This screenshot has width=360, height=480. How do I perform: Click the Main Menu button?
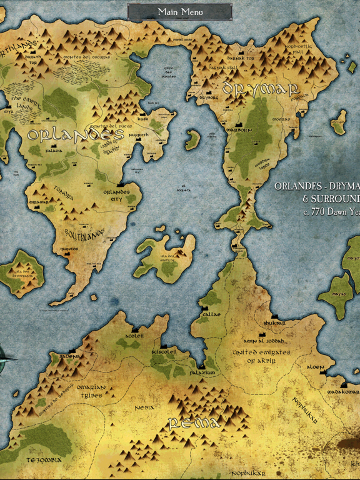pos(180,12)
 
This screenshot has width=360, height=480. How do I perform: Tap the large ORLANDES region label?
pos(75,135)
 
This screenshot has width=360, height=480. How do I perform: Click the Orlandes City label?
pos(116,195)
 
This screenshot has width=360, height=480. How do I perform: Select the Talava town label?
pos(53,151)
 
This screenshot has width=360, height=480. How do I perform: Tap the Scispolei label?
pos(164,352)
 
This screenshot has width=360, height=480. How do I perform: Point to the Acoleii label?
pos(134,336)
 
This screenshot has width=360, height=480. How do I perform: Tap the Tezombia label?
pos(43,459)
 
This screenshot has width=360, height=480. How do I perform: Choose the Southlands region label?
pos(84,234)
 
